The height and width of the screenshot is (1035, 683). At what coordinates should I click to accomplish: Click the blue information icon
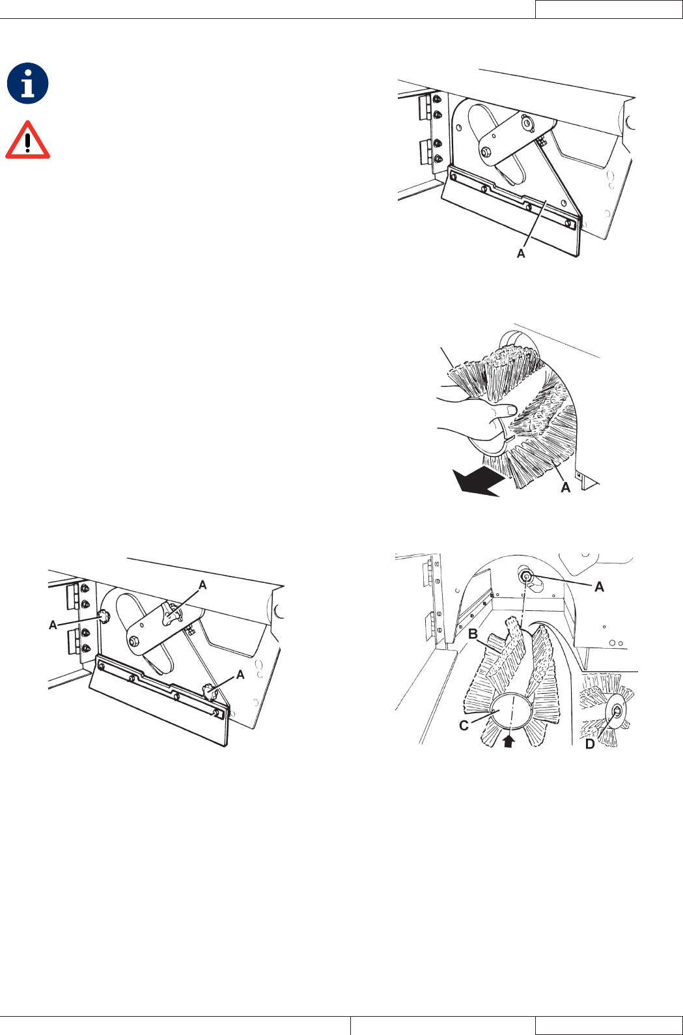(28, 83)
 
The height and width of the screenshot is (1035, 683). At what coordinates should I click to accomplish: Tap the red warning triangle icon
(28, 141)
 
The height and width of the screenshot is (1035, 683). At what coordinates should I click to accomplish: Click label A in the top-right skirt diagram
(521, 253)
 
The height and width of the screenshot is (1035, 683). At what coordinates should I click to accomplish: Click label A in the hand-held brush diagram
(566, 487)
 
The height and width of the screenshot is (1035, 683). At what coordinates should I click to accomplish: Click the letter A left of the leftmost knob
(53, 625)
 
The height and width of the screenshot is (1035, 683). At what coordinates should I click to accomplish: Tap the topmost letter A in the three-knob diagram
(202, 585)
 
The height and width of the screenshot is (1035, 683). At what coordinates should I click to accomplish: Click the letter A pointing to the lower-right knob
(240, 675)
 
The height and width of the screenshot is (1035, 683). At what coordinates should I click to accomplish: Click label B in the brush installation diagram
(473, 634)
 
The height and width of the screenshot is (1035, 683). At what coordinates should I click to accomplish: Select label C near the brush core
(464, 726)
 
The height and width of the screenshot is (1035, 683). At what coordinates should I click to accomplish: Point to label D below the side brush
(590, 744)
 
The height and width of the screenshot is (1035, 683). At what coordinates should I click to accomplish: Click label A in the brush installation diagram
(599, 587)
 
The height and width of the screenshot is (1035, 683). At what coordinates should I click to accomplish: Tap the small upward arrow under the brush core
(508, 742)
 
